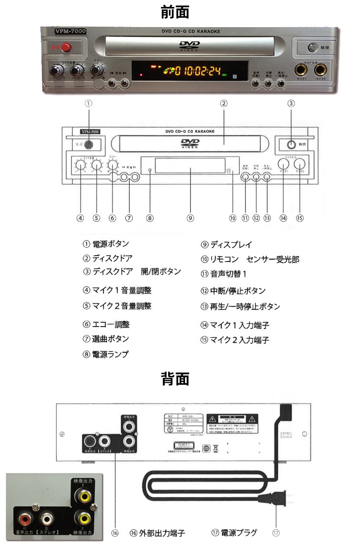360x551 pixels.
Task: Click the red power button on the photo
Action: [64, 48]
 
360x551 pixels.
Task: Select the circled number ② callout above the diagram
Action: [223, 104]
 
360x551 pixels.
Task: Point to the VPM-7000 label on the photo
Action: [70, 31]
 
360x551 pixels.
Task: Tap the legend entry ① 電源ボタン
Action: [106, 244]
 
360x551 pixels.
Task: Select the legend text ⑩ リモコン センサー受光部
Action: [250, 259]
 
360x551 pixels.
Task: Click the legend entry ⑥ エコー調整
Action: [106, 324]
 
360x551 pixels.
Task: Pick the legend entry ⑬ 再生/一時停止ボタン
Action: [240, 306]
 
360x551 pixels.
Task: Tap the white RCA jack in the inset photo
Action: [47, 518]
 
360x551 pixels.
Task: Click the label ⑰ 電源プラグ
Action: [234, 533]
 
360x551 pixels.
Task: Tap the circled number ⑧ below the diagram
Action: [150, 218]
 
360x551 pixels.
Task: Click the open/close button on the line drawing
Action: [290, 145]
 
